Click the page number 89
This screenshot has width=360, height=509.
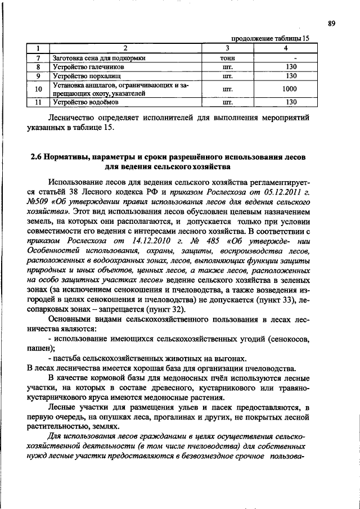pyautogui.click(x=332, y=23)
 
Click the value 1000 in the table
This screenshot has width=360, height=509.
pyautogui.click(x=290, y=89)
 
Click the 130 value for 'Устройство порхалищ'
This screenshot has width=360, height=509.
pyautogui.click(x=290, y=75)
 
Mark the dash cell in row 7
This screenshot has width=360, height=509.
pyautogui.click(x=290, y=57)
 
